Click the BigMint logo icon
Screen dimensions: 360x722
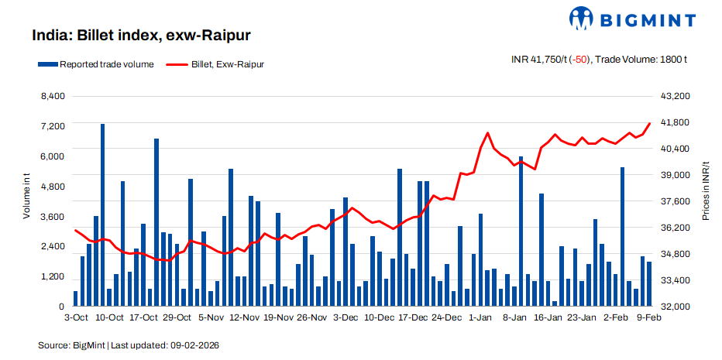pyautogui.click(x=583, y=18)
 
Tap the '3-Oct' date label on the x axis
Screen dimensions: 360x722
pyautogui.click(x=75, y=317)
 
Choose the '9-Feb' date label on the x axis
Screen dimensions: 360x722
pyautogui.click(x=648, y=317)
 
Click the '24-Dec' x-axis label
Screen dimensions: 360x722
pyautogui.click(x=446, y=317)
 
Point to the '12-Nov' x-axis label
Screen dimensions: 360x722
pyautogui.click(x=244, y=317)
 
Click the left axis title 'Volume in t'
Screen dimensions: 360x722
pyautogui.click(x=26, y=198)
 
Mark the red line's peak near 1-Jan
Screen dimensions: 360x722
pyautogui.click(x=487, y=133)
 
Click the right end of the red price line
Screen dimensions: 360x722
pyautogui.click(x=649, y=124)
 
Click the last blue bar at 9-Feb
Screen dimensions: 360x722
pyautogui.click(x=649, y=284)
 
